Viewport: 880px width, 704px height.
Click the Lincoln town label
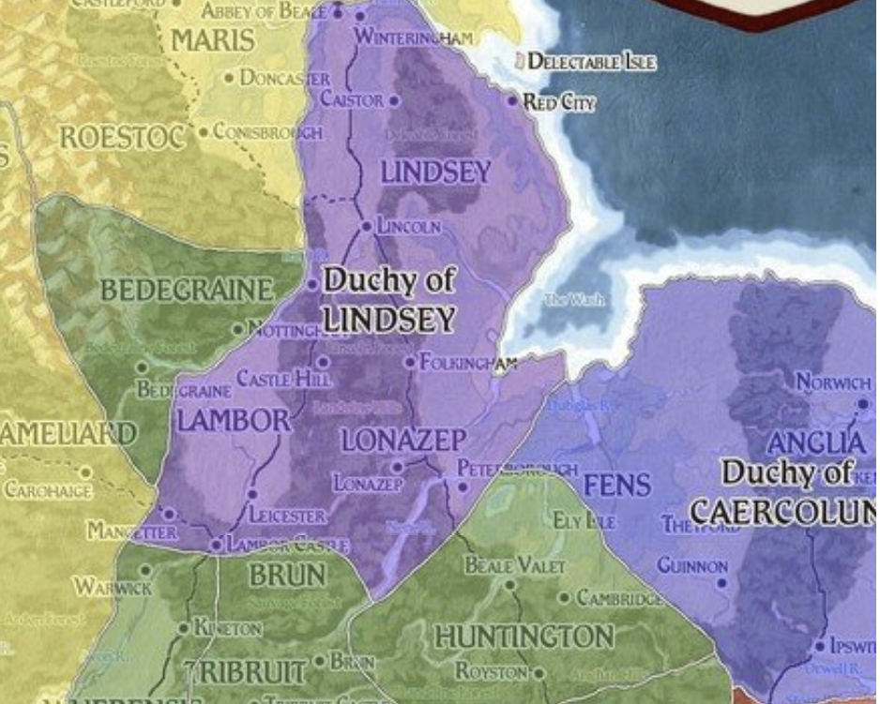[409, 227]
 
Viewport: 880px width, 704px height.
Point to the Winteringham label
[414, 37]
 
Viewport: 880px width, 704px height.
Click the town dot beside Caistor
[394, 100]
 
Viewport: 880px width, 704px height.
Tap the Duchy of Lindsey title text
[388, 299]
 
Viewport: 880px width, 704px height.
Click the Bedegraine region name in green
[187, 291]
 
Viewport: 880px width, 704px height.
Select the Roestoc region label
[121, 138]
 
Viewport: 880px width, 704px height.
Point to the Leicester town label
[287, 516]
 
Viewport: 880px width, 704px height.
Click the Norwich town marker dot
[863, 403]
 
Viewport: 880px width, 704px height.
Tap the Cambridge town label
[619, 597]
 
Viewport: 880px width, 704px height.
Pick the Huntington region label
[523, 637]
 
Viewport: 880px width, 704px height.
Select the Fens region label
[617, 485]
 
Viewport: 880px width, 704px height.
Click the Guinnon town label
[691, 566]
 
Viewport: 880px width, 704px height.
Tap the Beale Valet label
[515, 565]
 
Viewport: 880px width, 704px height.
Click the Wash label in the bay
[574, 300]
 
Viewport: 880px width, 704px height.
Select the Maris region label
[212, 40]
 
